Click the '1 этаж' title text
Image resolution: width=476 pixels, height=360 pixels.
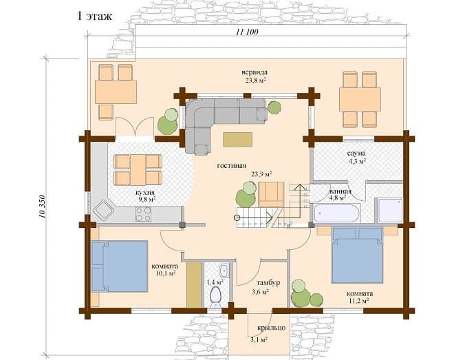point(95,16)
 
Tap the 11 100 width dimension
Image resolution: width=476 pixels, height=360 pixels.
point(247,32)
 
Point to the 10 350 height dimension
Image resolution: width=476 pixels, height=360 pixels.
point(42,207)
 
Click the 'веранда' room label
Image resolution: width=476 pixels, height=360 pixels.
point(255,72)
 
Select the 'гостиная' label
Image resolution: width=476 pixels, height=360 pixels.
point(232,166)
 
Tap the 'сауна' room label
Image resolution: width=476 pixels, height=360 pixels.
point(356,153)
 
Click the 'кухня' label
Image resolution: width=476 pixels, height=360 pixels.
point(145,193)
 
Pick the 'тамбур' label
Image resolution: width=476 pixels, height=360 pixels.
point(268,283)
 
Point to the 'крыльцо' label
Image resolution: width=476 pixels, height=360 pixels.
point(272,328)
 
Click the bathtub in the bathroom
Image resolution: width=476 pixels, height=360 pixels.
point(337,213)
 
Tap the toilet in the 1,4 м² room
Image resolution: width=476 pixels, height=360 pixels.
point(215,296)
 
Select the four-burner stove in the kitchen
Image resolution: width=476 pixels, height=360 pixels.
point(143,213)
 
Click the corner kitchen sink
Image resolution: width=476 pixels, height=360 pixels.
point(103,210)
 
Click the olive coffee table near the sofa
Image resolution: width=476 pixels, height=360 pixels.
point(238,140)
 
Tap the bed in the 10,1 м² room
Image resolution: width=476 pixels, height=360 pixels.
point(119,266)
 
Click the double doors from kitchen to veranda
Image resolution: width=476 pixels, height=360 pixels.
point(134,127)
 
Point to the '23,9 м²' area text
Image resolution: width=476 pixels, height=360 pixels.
point(261,174)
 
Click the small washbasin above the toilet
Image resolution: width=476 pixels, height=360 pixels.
point(224,270)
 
